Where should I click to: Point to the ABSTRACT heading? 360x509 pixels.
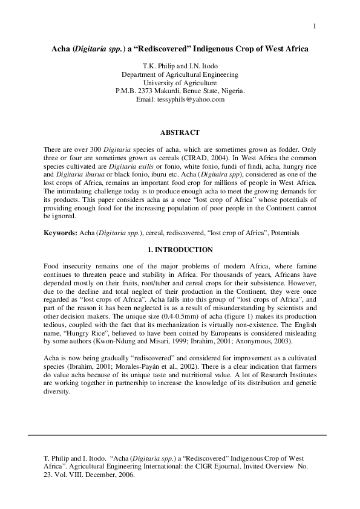[180, 131]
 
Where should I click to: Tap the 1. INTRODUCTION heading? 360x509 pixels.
[180, 250]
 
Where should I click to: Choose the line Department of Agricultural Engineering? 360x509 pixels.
[180, 75]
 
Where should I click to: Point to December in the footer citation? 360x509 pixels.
[97, 475]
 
